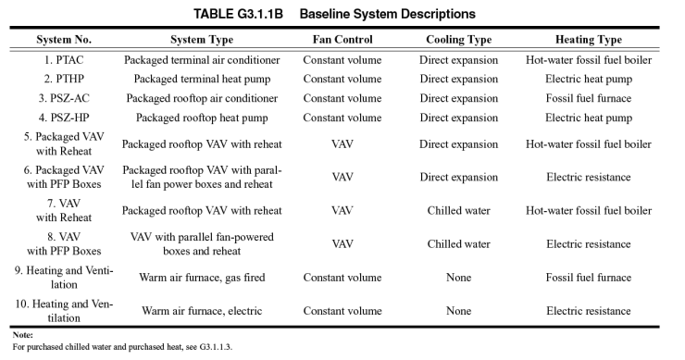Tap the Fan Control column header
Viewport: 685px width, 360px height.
(342, 40)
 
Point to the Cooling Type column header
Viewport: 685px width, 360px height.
(458, 40)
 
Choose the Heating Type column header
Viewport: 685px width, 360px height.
(588, 40)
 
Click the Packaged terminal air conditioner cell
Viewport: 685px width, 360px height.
(202, 60)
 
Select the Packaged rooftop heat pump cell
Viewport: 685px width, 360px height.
(202, 118)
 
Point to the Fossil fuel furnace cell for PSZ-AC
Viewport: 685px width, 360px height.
(588, 99)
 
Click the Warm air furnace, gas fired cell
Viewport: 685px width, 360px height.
(202, 278)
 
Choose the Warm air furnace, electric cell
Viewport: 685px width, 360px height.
(202, 311)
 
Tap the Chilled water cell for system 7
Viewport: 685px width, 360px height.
(458, 210)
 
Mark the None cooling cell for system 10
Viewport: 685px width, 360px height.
(458, 311)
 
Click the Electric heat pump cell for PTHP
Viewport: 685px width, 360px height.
(588, 80)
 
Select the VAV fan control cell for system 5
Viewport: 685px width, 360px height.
(342, 144)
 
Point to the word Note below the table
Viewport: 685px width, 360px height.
(23, 334)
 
